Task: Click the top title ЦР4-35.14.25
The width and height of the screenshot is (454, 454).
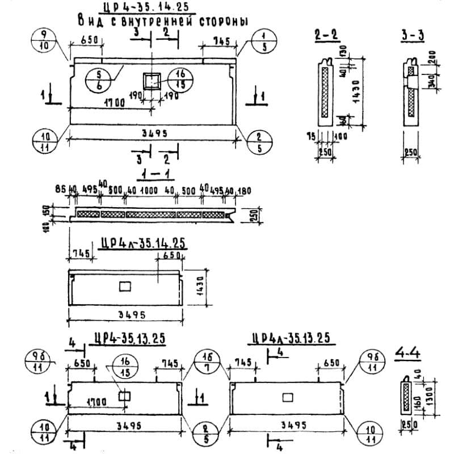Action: click(146, 9)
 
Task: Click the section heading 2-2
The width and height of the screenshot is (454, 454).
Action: click(327, 35)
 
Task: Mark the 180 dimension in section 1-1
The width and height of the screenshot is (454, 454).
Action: click(243, 191)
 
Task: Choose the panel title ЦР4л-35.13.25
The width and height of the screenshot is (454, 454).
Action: click(291, 338)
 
